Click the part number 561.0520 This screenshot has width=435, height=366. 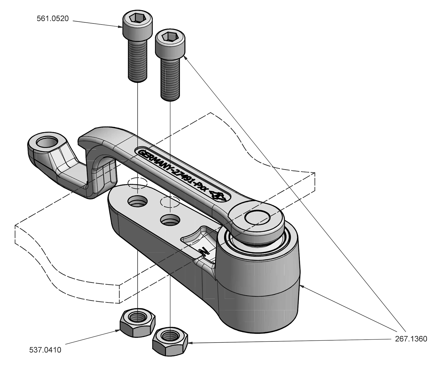coord(53,19)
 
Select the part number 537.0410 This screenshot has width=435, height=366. coord(45,350)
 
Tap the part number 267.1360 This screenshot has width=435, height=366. coord(411,339)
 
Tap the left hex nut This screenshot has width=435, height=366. coord(137,323)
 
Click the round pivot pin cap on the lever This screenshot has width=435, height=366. coord(257,217)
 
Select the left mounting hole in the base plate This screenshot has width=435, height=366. coord(137,201)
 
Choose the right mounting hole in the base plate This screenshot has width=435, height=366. coord(170,219)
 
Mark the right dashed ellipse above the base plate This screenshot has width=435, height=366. coord(170,202)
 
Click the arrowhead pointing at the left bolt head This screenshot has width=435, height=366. coord(120,27)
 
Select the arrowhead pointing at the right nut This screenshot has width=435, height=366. coord(190,343)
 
